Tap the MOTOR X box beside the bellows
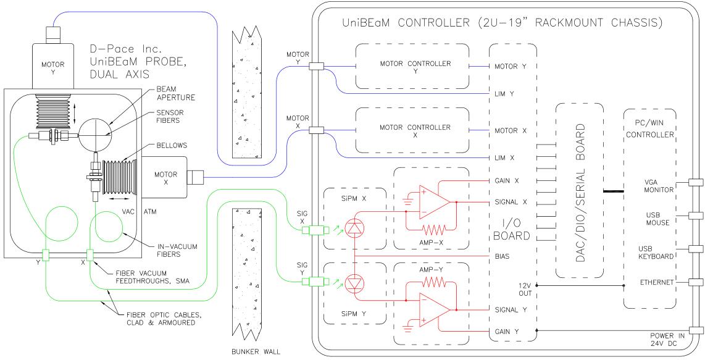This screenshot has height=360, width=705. pyautogui.click(x=164, y=177)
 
